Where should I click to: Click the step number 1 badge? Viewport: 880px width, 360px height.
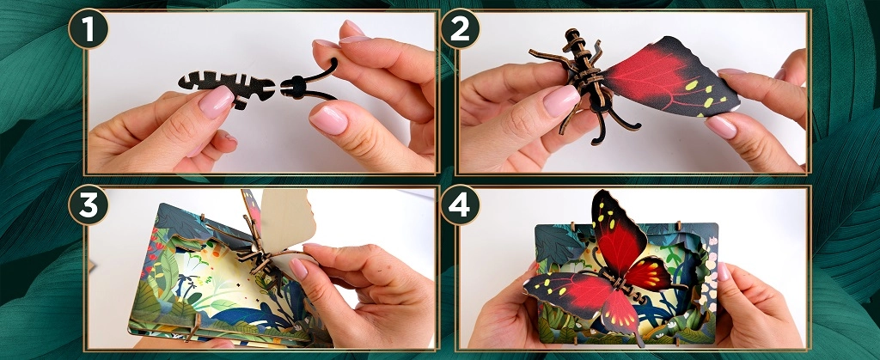click(x=89, y=28)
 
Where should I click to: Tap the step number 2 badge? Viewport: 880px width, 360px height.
click(x=461, y=28)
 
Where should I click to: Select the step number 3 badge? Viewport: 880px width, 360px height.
click(x=89, y=204)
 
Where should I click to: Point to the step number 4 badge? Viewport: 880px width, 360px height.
click(x=461, y=204)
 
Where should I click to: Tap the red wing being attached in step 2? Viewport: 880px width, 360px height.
click(x=670, y=76)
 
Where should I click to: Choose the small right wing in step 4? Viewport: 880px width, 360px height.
click(x=648, y=275)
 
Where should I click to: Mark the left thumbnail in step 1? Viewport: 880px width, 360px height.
click(x=216, y=102)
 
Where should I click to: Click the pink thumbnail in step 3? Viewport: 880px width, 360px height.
click(x=298, y=269)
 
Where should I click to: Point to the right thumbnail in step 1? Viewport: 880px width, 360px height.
click(x=329, y=120)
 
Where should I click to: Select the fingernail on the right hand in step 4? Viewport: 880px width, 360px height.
click(x=723, y=272)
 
